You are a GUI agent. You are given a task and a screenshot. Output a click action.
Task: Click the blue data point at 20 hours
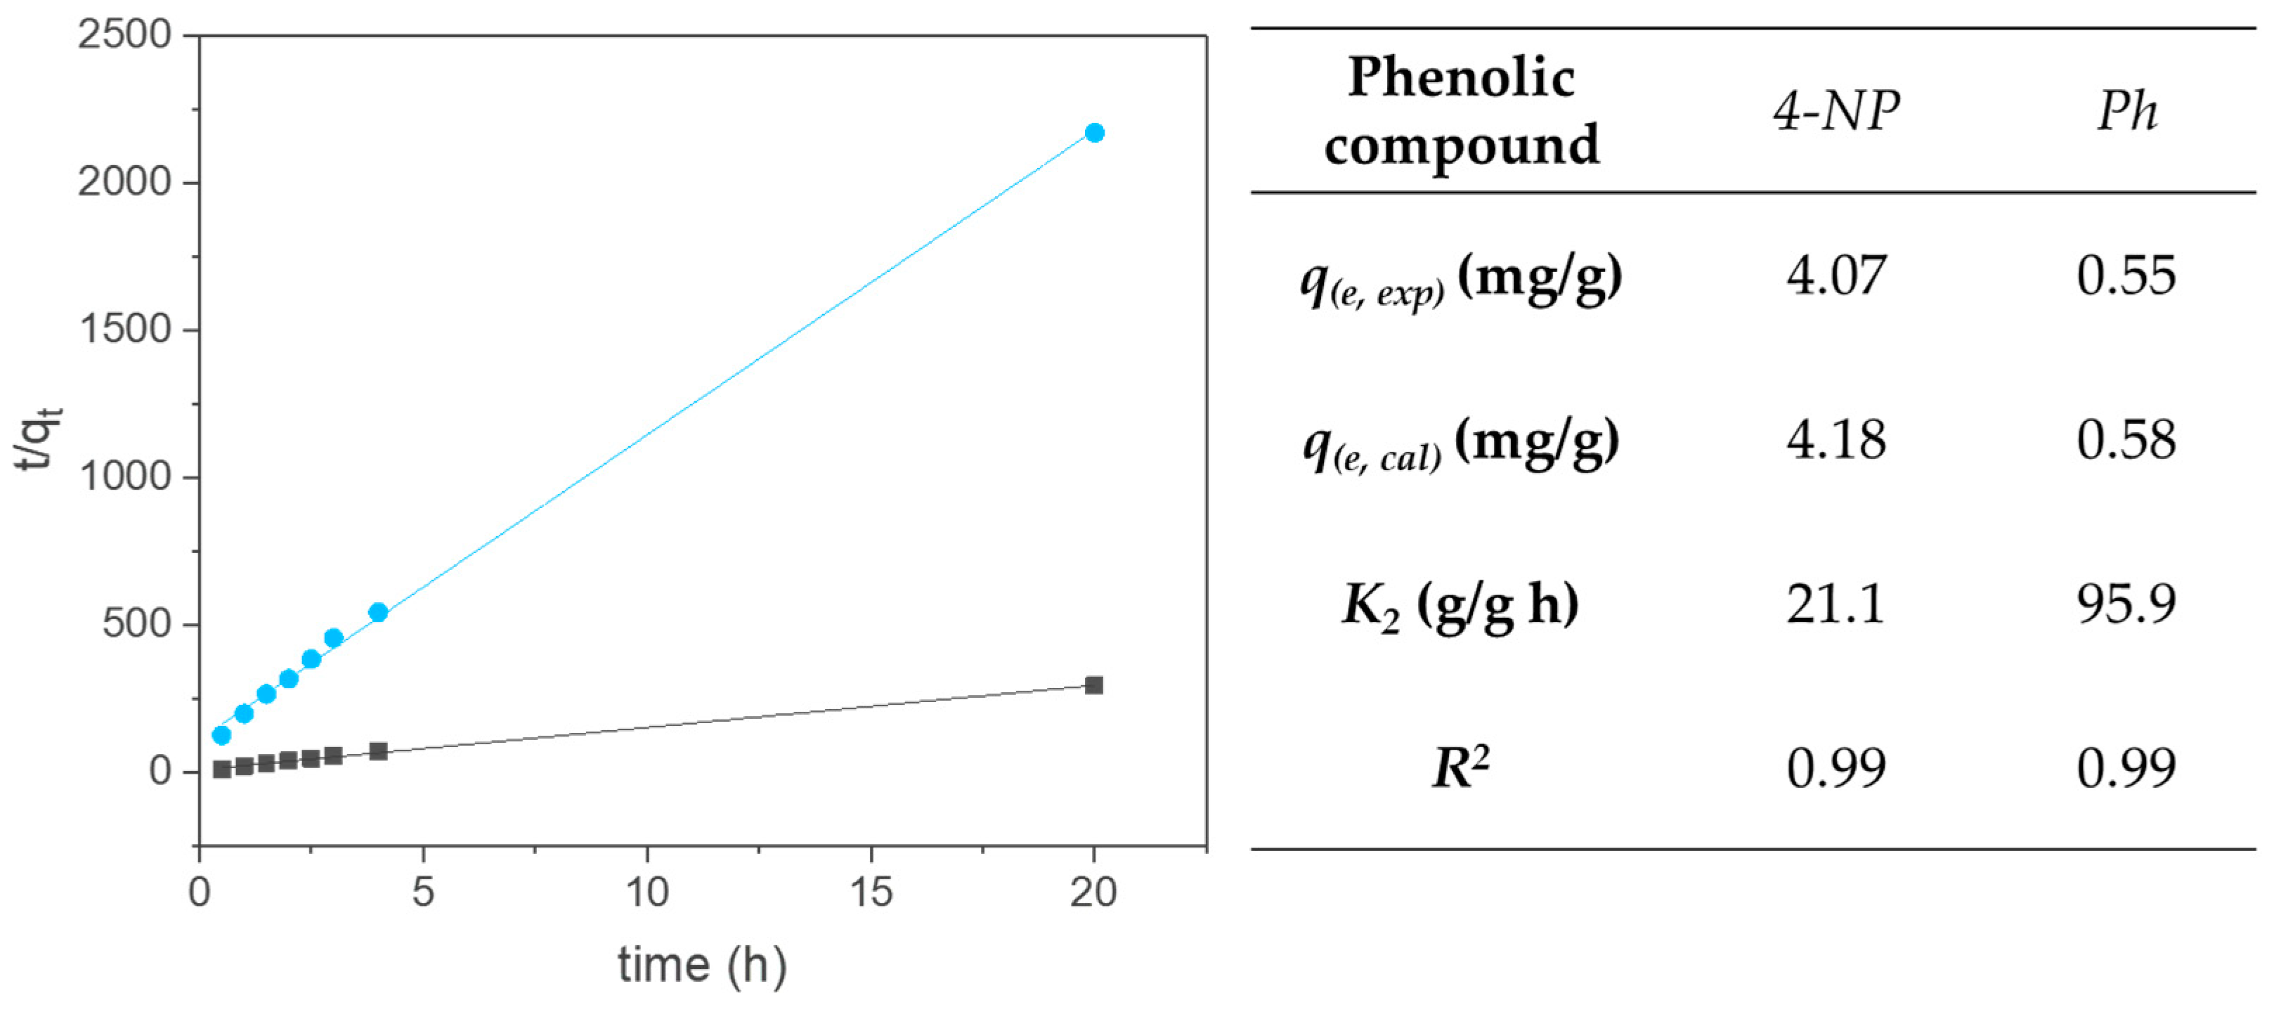point(1094,134)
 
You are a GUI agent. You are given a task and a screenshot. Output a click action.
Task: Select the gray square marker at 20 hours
point(1094,685)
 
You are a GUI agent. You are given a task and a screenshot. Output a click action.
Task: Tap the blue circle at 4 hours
point(378,612)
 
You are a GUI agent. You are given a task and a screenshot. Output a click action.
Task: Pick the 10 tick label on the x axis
point(646,891)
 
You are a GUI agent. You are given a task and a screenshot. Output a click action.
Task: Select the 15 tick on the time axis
point(871,891)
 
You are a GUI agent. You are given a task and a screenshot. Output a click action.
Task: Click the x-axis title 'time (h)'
point(702,966)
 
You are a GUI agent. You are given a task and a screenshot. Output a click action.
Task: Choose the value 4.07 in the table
point(1836,275)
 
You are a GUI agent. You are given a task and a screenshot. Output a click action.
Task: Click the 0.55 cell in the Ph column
point(2126,275)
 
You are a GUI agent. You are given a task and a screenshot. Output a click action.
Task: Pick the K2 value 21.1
point(1836,604)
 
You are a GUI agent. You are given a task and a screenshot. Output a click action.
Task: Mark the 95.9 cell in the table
point(2126,604)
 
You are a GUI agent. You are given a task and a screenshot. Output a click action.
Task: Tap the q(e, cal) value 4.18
point(1836,440)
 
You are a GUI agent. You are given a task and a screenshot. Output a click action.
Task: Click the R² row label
point(1461,769)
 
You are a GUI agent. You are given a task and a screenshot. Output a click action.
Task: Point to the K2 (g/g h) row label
point(1461,606)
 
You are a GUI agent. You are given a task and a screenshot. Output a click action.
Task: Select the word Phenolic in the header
point(1461,77)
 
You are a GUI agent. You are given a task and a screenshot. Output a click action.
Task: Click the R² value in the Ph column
point(2126,769)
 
